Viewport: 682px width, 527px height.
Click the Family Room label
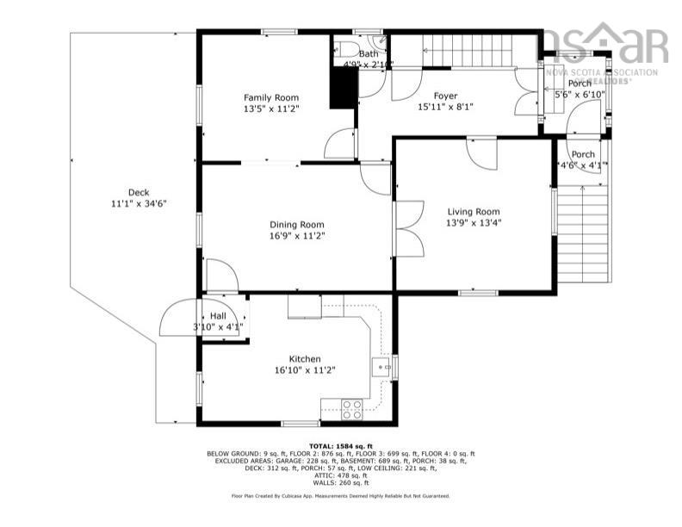[x=270, y=97]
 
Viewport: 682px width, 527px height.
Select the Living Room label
[x=473, y=212]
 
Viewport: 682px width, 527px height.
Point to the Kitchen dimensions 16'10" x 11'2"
[x=304, y=370]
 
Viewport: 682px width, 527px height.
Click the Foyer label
[x=445, y=96]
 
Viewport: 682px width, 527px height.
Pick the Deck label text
[x=138, y=192]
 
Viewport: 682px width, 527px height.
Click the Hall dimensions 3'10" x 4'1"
[x=218, y=327]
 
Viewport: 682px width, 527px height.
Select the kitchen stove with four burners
[x=351, y=409]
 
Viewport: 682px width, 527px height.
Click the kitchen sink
[x=380, y=369]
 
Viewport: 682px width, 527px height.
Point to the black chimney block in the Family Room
[x=344, y=87]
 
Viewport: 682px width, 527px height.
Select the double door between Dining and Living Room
[x=408, y=228]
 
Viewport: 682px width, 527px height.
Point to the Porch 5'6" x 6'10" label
[x=580, y=88]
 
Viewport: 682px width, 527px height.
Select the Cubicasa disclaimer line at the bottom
[x=340, y=496]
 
